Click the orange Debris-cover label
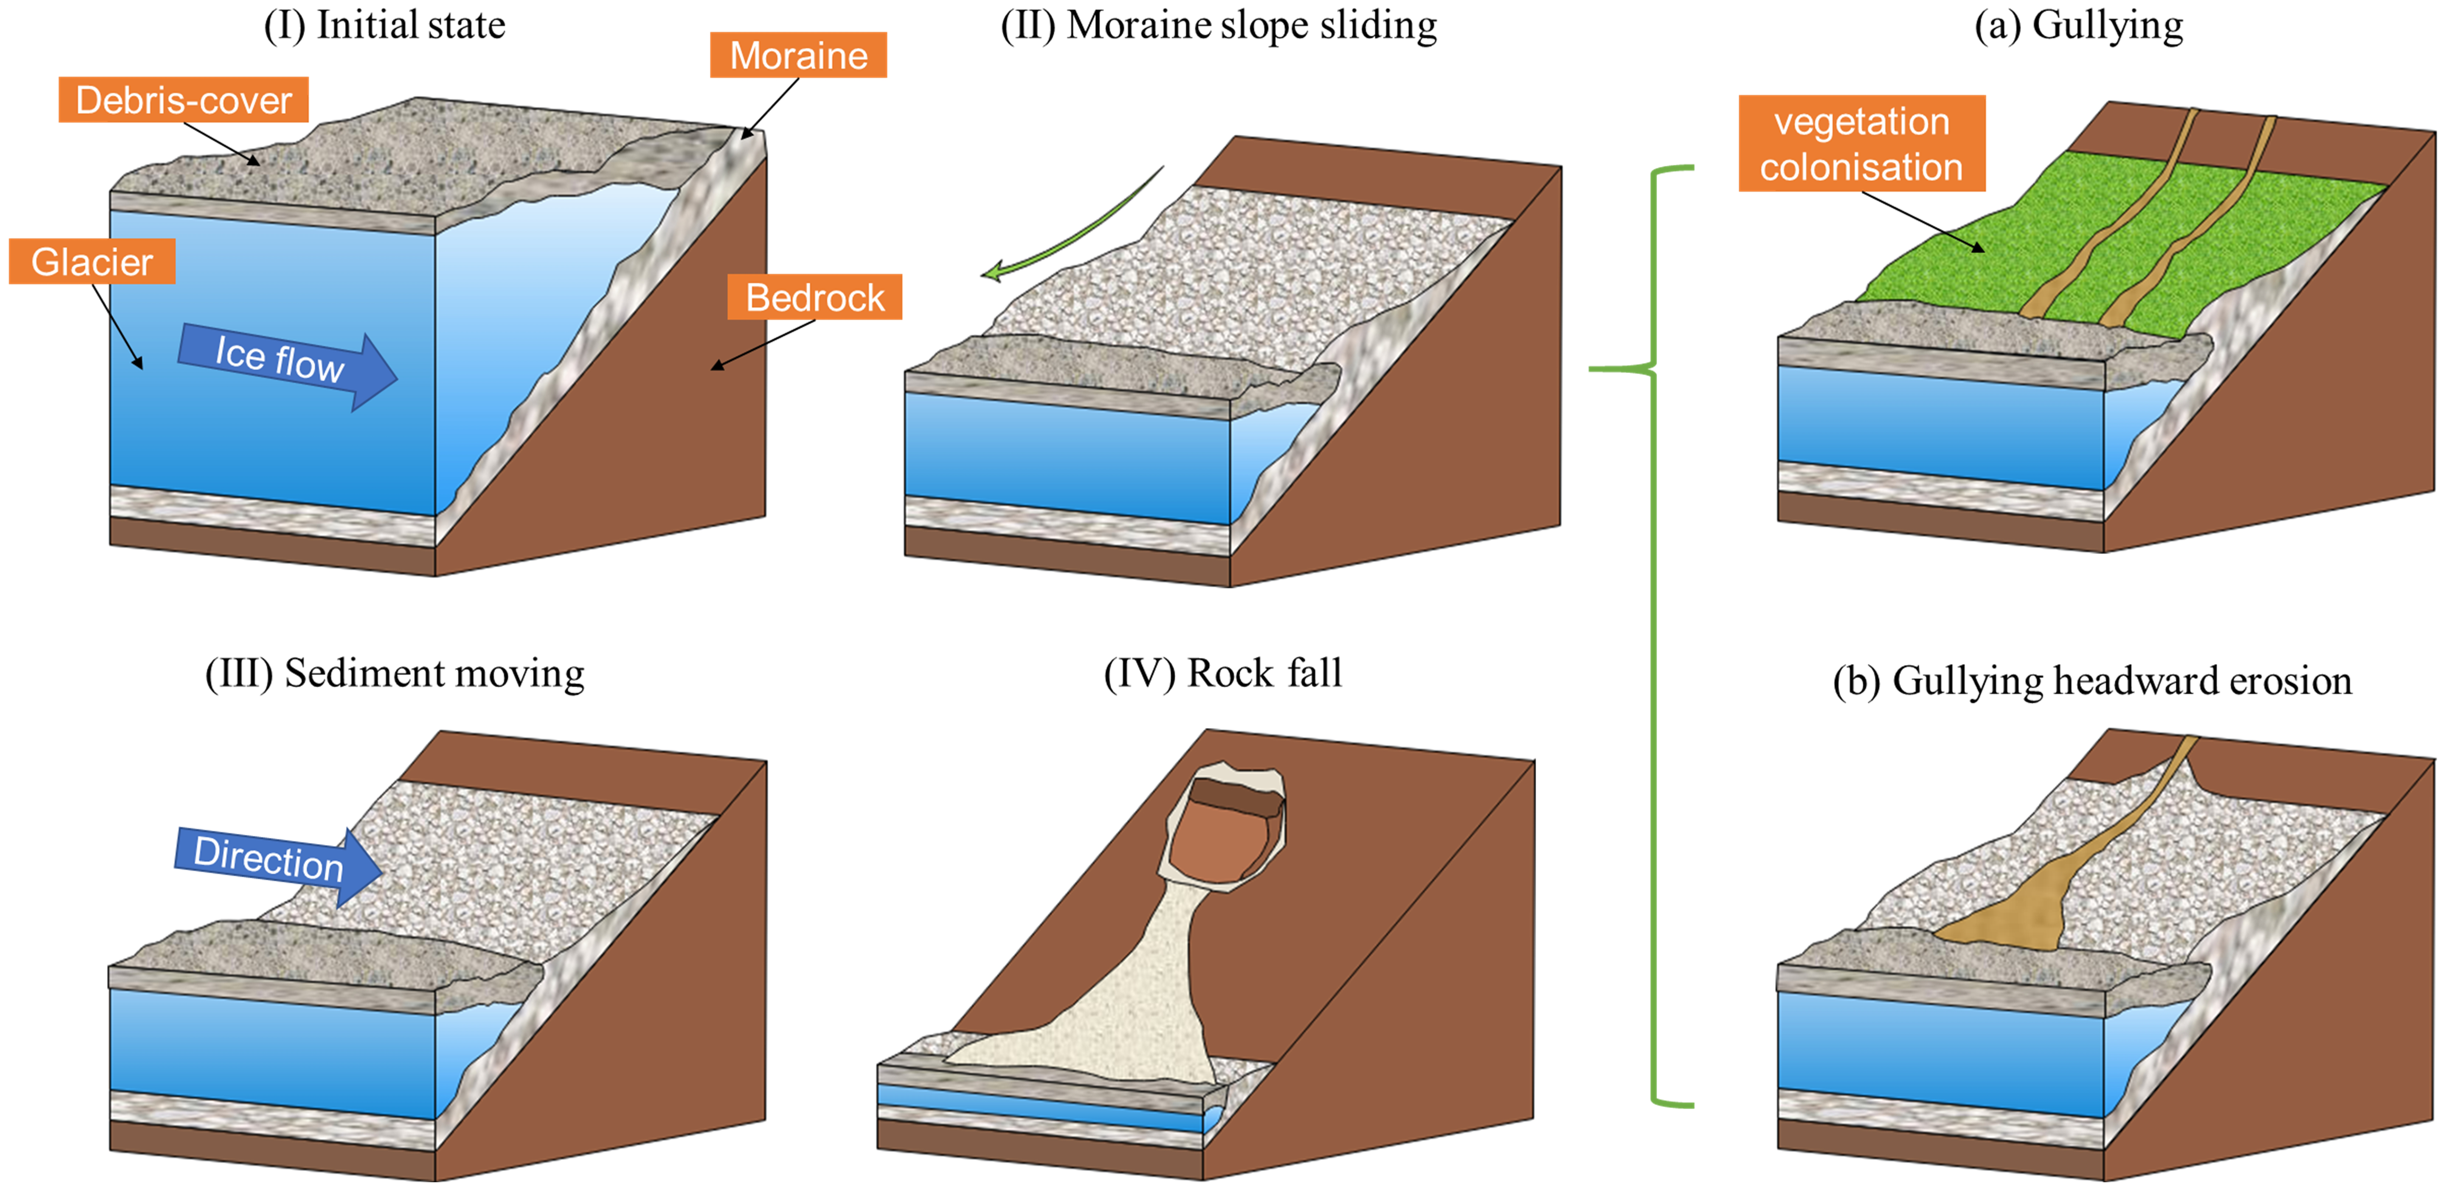[183, 99]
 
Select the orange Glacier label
[92, 262]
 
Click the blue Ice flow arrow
[285, 362]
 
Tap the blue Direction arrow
[275, 861]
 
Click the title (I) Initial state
[384, 25]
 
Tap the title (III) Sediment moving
[394, 673]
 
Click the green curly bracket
[1655, 635]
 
